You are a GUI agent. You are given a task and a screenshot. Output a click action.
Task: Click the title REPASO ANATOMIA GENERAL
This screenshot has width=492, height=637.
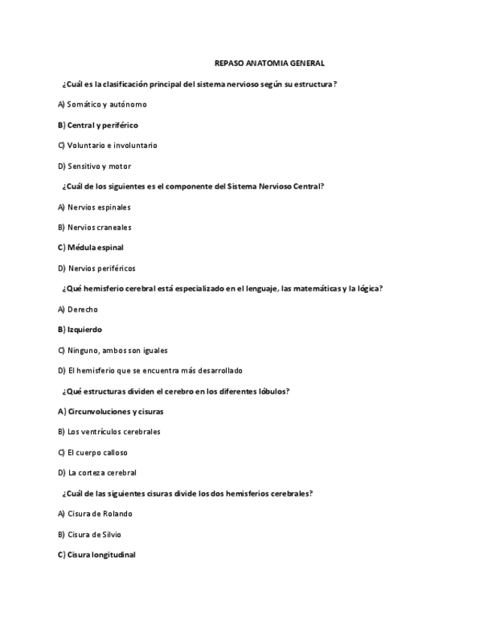(x=269, y=64)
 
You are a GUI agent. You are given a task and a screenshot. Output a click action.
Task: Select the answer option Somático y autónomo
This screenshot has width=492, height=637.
(x=102, y=104)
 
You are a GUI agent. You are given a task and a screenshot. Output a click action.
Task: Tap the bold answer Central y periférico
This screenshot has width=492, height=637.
(x=98, y=125)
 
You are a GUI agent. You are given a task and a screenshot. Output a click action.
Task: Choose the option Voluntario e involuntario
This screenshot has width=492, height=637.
(x=107, y=146)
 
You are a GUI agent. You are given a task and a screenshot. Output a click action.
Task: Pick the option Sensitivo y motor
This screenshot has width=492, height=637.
(x=95, y=167)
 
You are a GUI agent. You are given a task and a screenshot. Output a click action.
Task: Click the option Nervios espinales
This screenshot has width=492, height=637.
(x=94, y=207)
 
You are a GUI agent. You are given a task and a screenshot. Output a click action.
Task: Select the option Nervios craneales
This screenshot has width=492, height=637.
(x=95, y=228)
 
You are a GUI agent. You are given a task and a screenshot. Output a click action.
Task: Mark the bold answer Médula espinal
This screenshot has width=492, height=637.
(x=91, y=248)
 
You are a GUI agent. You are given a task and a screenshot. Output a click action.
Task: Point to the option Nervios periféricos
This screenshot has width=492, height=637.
(x=97, y=268)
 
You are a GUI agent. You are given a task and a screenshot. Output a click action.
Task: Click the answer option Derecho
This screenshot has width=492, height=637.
(x=78, y=309)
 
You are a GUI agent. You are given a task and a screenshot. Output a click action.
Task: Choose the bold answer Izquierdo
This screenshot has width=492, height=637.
(x=80, y=330)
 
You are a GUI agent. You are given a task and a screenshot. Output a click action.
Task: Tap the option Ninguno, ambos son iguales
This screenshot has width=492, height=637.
(x=113, y=350)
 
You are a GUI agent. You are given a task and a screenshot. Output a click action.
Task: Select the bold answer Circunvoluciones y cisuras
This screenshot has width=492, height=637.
(x=110, y=412)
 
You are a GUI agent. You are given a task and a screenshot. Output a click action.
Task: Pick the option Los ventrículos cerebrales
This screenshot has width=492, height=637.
(x=109, y=432)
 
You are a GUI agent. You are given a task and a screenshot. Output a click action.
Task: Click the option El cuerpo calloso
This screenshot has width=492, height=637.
(x=93, y=453)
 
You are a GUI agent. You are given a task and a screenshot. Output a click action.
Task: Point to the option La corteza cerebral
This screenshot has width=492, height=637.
(x=97, y=473)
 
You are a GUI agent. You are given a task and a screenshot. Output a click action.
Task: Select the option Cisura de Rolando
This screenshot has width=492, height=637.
(x=95, y=514)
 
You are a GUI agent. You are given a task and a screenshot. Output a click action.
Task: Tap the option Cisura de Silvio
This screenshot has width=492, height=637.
(x=89, y=535)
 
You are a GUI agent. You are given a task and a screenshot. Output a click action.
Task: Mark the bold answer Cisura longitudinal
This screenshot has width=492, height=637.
(x=97, y=555)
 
